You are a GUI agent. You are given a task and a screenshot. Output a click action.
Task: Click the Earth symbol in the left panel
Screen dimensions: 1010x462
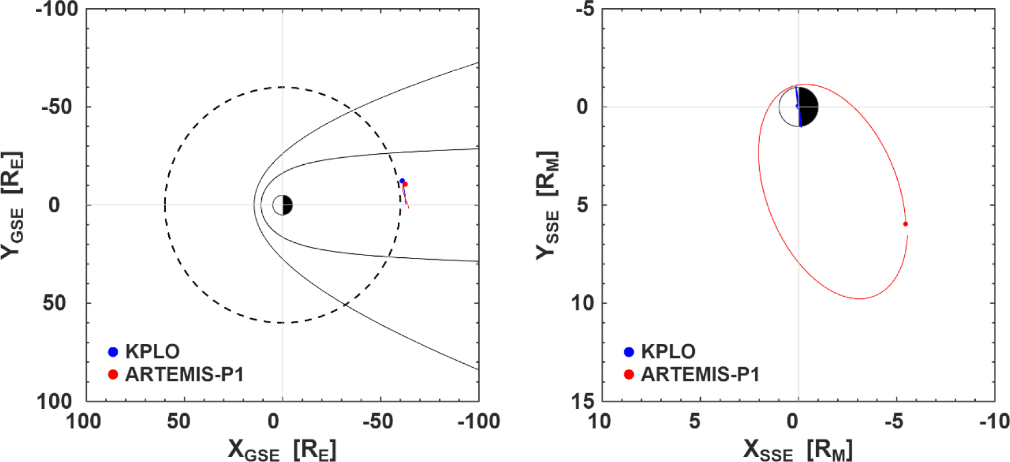point(283,205)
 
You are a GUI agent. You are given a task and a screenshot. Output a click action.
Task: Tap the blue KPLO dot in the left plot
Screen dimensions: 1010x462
point(402,181)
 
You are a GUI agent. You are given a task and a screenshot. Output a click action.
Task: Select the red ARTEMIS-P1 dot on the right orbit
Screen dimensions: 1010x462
point(905,224)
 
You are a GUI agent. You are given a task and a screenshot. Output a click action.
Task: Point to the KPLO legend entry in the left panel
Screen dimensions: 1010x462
point(144,352)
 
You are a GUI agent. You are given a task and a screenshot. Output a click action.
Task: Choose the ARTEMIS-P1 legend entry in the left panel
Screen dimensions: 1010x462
point(176,375)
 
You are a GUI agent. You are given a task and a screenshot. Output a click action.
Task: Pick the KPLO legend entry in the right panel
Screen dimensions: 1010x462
point(660,352)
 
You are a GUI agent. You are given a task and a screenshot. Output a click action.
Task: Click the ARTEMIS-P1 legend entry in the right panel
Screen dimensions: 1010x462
point(691,375)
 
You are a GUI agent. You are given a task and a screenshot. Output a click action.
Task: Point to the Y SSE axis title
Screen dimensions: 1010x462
point(547,205)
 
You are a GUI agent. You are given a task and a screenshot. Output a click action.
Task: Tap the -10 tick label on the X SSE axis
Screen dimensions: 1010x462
point(994,422)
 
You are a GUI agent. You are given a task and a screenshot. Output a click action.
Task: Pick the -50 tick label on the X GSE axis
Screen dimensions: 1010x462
point(380,422)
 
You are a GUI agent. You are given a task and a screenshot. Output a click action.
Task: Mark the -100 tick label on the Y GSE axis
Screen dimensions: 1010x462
point(57,9)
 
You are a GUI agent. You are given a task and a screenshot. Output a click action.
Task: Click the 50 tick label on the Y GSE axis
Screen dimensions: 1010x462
point(54,302)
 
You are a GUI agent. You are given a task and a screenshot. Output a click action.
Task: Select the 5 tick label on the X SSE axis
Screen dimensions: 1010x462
point(695,422)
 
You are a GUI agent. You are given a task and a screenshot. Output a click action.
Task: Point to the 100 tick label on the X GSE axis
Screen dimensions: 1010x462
point(85,422)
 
